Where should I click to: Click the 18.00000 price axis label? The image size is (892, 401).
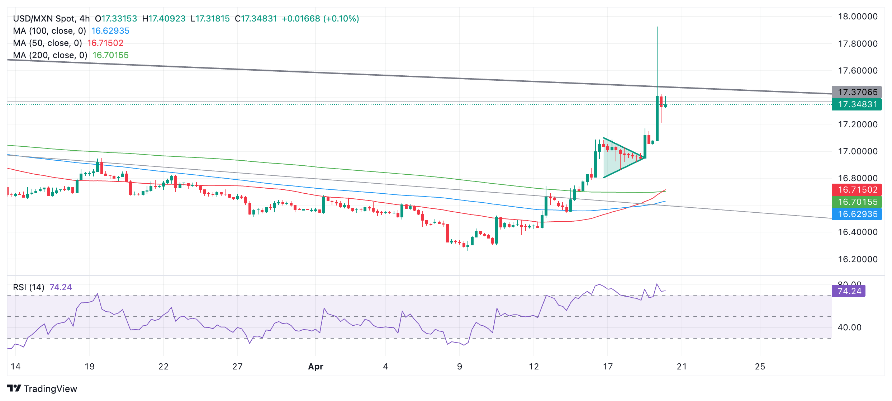858,16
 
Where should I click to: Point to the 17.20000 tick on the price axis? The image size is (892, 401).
858,124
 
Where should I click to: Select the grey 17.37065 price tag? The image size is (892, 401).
857,92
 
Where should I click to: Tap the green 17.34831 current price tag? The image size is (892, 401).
857,104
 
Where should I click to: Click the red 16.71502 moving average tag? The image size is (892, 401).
857,190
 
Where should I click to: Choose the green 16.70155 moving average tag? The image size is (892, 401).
857,202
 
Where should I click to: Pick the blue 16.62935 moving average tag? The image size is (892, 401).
857,214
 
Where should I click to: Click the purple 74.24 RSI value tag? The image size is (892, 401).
848,291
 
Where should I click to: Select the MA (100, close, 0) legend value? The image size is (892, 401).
110,31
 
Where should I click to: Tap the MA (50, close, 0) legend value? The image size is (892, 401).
105,43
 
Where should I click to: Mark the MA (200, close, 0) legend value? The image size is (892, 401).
110,55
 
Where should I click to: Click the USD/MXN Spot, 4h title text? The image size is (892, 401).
51,19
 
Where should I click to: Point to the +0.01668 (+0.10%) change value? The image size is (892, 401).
320,19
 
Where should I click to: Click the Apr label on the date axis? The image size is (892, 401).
315,367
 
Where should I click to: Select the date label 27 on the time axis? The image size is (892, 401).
237,367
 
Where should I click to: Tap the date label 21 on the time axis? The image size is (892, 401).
682,367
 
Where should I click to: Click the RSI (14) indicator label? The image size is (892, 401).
29,287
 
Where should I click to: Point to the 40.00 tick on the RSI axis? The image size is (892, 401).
849,327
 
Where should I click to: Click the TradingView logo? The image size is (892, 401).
42,389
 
